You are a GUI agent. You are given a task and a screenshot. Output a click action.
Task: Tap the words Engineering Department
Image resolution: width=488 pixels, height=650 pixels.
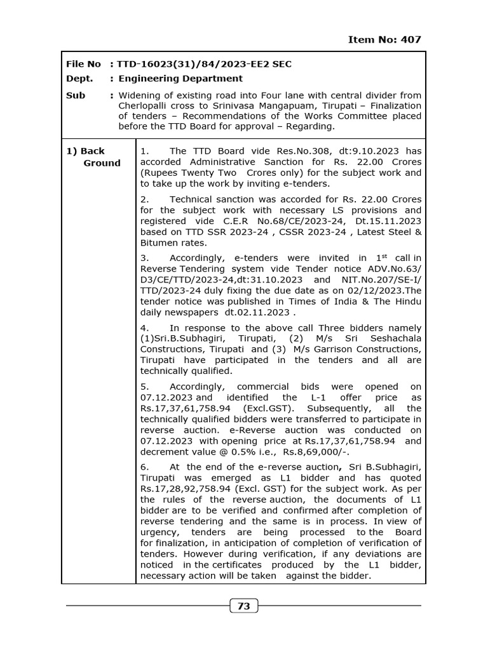point(180,79)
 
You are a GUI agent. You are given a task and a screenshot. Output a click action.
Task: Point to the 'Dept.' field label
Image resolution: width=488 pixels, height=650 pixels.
point(79,79)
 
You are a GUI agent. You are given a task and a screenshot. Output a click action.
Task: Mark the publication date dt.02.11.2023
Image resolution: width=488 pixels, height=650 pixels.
point(257,312)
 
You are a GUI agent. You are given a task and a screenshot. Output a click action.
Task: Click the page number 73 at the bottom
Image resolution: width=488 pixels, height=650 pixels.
point(243,606)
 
